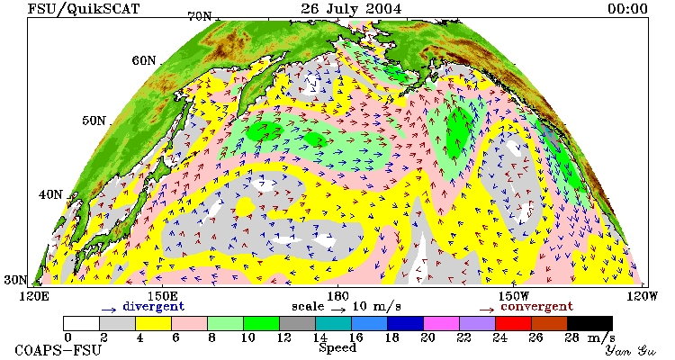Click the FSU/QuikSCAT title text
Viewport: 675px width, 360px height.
pyautogui.click(x=84, y=9)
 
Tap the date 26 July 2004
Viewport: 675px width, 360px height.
pyautogui.click(x=351, y=9)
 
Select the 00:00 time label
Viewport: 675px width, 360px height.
pyautogui.click(x=627, y=9)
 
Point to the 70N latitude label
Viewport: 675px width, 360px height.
pyautogui.click(x=200, y=16)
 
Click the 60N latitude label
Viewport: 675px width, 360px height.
pyautogui.click(x=144, y=60)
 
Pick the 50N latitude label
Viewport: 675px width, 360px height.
pyautogui.click(x=94, y=121)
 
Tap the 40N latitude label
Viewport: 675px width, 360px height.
pyautogui.click(x=50, y=194)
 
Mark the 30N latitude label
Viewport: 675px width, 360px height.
pyautogui.click(x=16, y=280)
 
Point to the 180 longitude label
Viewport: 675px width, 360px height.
pyautogui.click(x=337, y=296)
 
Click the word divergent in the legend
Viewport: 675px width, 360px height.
pyautogui.click(x=154, y=307)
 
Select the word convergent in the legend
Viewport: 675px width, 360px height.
pyautogui.click(x=536, y=307)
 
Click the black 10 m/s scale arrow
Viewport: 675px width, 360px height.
pyautogui.click(x=338, y=309)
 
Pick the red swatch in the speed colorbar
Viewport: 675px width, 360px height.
pyautogui.click(x=513, y=323)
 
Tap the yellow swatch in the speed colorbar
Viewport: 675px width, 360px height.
pyautogui.click(x=153, y=323)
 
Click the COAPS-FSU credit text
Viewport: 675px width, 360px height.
pyautogui.click(x=58, y=350)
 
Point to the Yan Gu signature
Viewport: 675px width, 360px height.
pyautogui.click(x=631, y=350)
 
